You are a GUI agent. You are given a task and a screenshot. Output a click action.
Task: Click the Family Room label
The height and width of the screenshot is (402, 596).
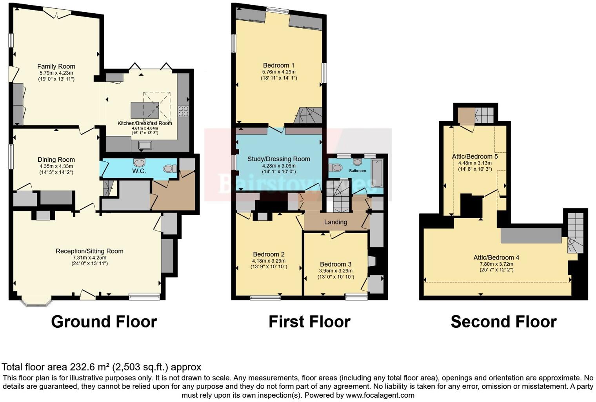click(56, 66)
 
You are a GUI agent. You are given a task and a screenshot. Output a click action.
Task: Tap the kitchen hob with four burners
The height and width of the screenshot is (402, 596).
click(183, 111)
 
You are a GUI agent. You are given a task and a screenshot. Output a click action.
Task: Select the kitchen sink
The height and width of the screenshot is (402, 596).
click(145, 145)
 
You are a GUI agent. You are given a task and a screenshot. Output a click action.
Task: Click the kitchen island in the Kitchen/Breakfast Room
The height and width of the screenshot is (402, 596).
click(145, 110)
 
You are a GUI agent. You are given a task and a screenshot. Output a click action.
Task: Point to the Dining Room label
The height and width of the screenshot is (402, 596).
click(56, 160)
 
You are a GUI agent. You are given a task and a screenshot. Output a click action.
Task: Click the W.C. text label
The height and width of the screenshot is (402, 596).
click(139, 171)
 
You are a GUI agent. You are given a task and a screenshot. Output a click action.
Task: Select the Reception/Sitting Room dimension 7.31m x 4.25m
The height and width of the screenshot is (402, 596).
click(89, 258)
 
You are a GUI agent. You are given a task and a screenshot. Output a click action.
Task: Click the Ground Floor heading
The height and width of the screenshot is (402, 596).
click(104, 322)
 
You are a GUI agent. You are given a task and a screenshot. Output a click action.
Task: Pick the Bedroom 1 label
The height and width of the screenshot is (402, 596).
click(279, 65)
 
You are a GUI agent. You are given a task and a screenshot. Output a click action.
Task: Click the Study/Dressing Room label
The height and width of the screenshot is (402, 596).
click(279, 159)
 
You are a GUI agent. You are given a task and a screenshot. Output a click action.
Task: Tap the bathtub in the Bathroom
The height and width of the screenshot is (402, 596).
click(377, 174)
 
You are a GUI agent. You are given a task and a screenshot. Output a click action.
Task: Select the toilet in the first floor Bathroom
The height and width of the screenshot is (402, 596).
click(336, 168)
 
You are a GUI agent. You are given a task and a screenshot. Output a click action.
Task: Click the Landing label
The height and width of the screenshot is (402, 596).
click(336, 222)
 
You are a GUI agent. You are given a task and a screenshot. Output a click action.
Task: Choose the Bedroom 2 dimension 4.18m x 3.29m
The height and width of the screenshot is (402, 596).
click(269, 261)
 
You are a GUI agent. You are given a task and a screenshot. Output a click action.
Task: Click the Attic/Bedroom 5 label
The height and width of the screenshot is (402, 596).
click(475, 156)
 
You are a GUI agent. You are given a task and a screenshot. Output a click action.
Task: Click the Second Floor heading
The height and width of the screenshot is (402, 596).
click(503, 322)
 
